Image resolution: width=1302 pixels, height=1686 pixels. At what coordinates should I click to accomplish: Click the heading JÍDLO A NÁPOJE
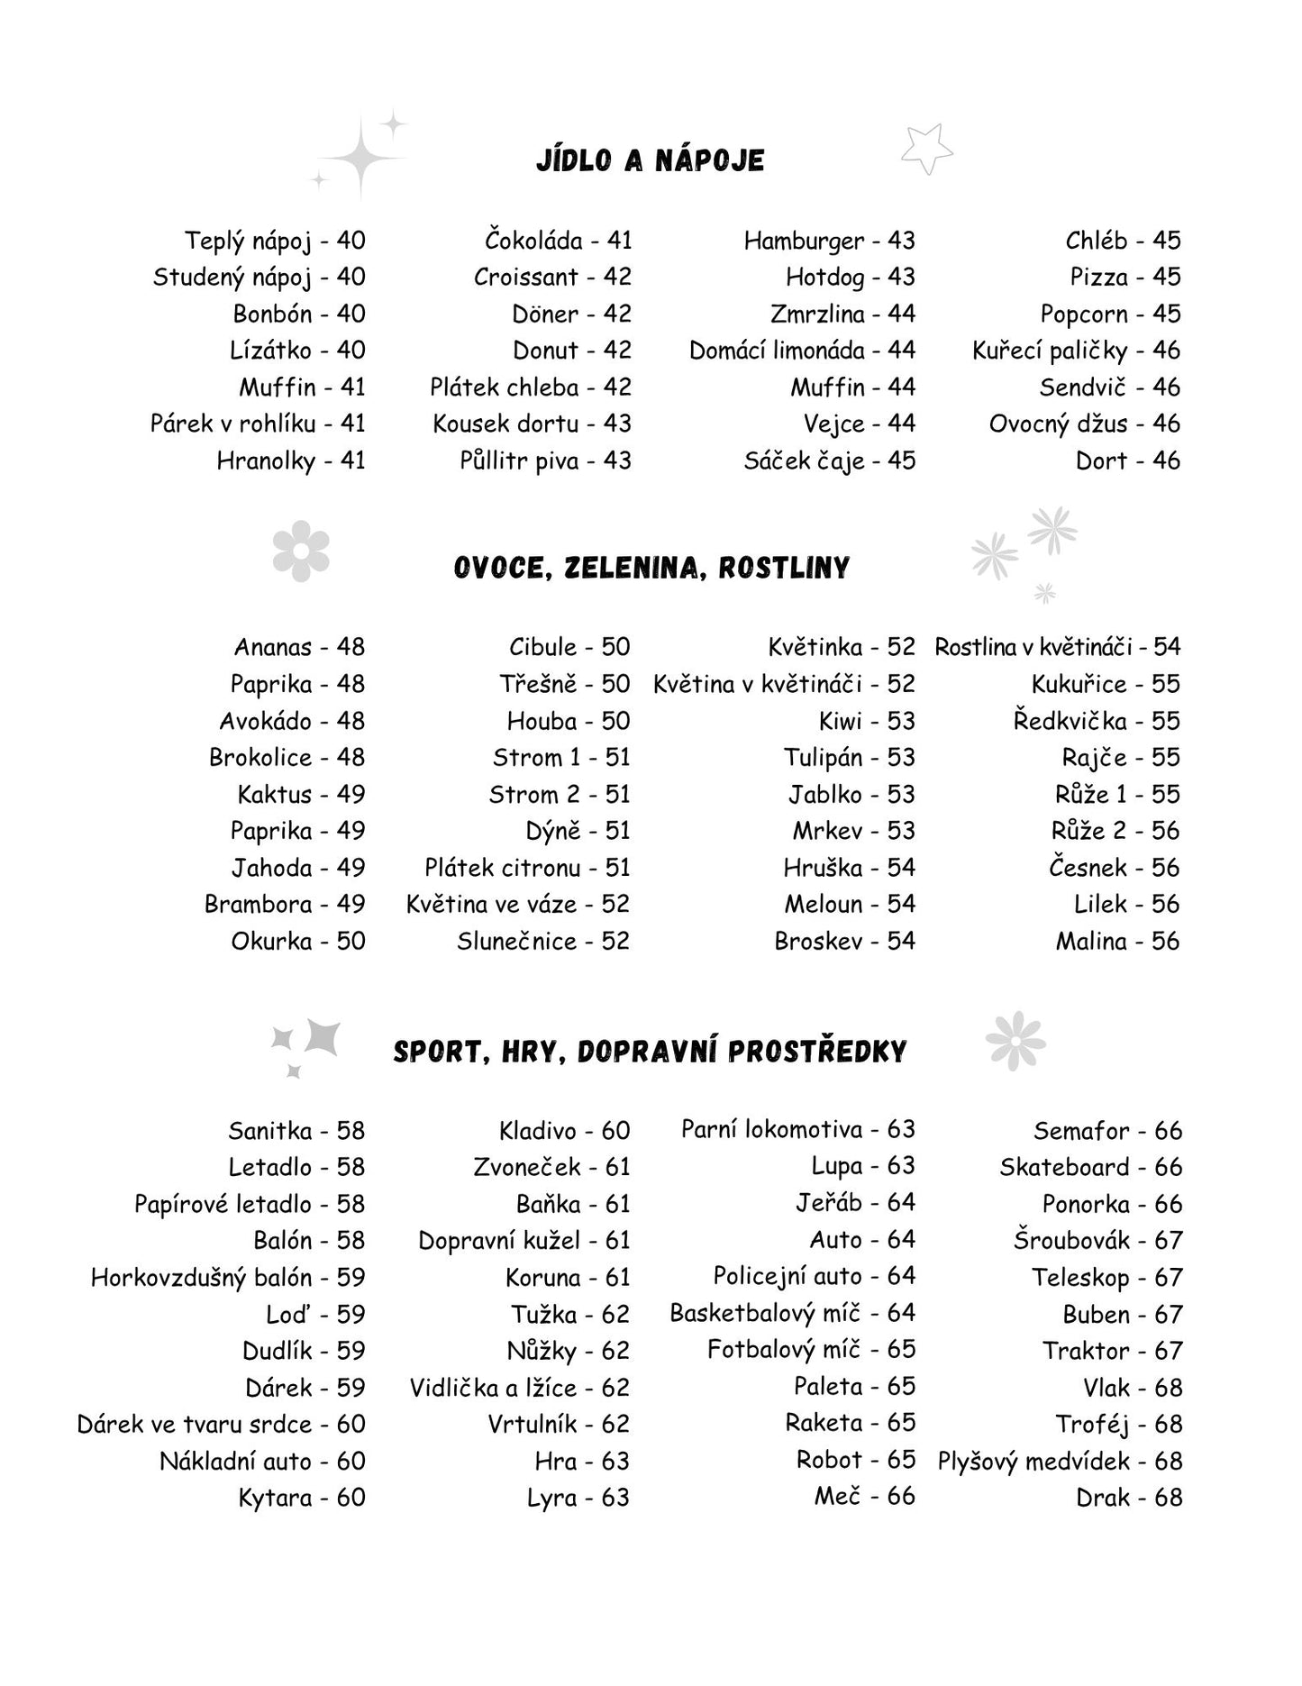click(650, 160)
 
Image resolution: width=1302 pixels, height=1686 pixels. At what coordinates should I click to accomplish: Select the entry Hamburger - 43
click(829, 241)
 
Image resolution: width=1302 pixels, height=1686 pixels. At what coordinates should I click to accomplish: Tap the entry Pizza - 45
click(1124, 277)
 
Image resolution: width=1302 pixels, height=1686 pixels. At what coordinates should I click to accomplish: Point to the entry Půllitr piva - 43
click(545, 460)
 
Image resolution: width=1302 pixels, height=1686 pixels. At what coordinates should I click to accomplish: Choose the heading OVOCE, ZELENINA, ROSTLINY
click(651, 568)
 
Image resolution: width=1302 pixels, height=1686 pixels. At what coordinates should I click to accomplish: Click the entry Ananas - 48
click(299, 647)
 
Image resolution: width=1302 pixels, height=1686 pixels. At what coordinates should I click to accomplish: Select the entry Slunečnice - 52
click(542, 941)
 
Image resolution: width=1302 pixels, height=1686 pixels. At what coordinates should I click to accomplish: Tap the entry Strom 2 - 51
click(559, 794)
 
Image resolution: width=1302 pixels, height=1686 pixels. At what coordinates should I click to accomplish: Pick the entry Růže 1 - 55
click(1116, 794)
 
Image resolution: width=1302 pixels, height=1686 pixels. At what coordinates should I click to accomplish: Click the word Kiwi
click(840, 721)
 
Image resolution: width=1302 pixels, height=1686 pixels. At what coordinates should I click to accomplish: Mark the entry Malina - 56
click(1117, 941)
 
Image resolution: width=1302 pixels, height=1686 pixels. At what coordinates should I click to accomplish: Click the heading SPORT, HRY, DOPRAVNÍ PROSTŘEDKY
click(650, 1052)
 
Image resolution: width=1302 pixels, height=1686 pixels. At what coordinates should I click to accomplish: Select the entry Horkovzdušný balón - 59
click(228, 1277)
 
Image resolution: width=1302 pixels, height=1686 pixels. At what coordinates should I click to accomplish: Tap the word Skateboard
click(1063, 1167)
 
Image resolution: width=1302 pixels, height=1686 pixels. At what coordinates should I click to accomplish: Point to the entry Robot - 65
click(855, 1460)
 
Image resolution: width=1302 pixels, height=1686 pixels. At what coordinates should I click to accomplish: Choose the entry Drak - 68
click(1129, 1497)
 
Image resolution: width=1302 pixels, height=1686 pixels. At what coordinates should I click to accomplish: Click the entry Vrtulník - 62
click(558, 1424)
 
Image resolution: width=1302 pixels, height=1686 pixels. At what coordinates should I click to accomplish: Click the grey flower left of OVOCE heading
click(301, 551)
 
